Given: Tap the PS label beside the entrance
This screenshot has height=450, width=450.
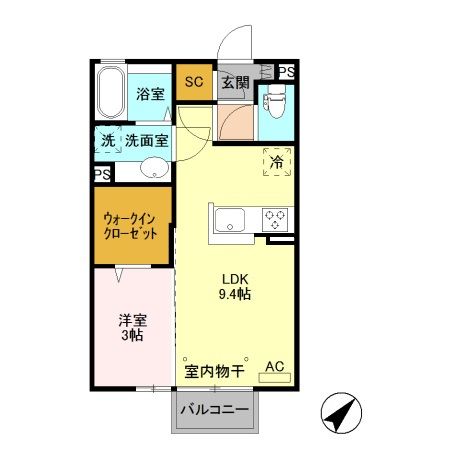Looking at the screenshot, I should click(x=287, y=72).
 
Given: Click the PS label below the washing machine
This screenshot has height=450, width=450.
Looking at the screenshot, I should click(x=103, y=174).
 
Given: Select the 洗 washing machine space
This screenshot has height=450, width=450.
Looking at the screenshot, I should click(x=108, y=141).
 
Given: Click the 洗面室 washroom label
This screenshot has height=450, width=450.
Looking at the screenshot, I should click(x=146, y=141).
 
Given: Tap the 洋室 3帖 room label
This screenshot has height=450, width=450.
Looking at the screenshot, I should click(x=132, y=329).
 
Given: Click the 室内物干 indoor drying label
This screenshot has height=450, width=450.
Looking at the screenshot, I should click(x=215, y=370).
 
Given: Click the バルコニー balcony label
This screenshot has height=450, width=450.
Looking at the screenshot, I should click(x=214, y=411).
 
